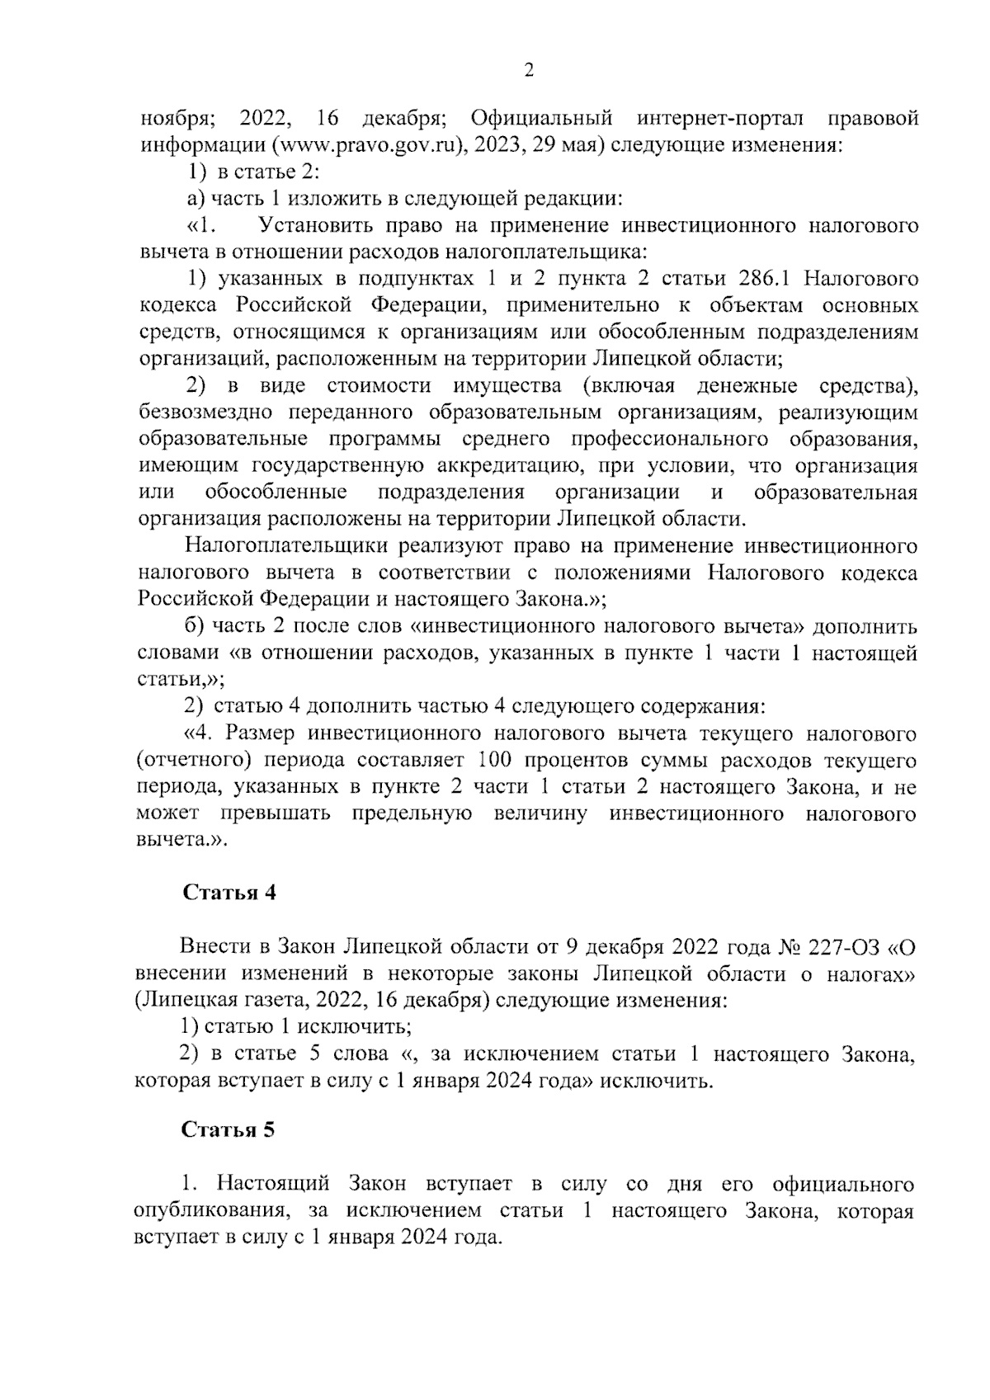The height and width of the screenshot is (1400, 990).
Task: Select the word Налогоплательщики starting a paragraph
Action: point(286,547)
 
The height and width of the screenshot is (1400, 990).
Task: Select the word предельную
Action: point(412,814)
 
